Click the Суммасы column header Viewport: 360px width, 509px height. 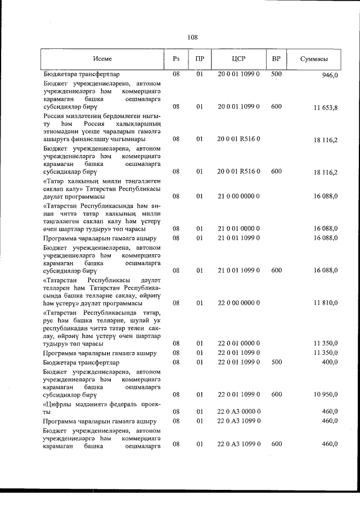click(315, 59)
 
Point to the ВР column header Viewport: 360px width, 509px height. click(276, 59)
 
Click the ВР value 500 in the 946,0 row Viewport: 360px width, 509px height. click(276, 74)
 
